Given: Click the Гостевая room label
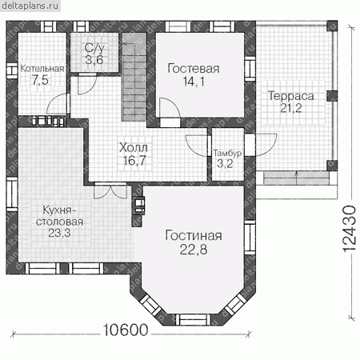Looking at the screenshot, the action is (194, 69).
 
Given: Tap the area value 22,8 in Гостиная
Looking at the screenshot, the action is (194, 250).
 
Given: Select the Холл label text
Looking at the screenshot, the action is (134, 147).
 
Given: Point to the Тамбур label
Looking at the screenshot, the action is (227, 153).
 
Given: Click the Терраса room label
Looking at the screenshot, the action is (291, 96).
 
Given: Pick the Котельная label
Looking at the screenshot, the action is (42, 69).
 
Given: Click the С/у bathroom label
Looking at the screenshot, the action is (94, 48).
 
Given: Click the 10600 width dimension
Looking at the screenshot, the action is (126, 330).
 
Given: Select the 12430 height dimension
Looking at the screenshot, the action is (349, 229).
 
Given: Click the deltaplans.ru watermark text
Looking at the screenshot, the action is (30, 6).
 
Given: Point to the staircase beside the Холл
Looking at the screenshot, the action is (134, 77).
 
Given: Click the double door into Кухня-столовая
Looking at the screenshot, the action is (110, 190).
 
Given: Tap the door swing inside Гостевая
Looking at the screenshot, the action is (170, 108).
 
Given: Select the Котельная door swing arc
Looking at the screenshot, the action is (56, 103).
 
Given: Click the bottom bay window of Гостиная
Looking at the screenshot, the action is (194, 319).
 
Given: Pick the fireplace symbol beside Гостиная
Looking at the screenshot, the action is (139, 206).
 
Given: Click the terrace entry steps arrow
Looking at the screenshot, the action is (296, 178).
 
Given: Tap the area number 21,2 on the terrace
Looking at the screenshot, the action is (291, 108).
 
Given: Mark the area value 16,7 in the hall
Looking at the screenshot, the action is (134, 160).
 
